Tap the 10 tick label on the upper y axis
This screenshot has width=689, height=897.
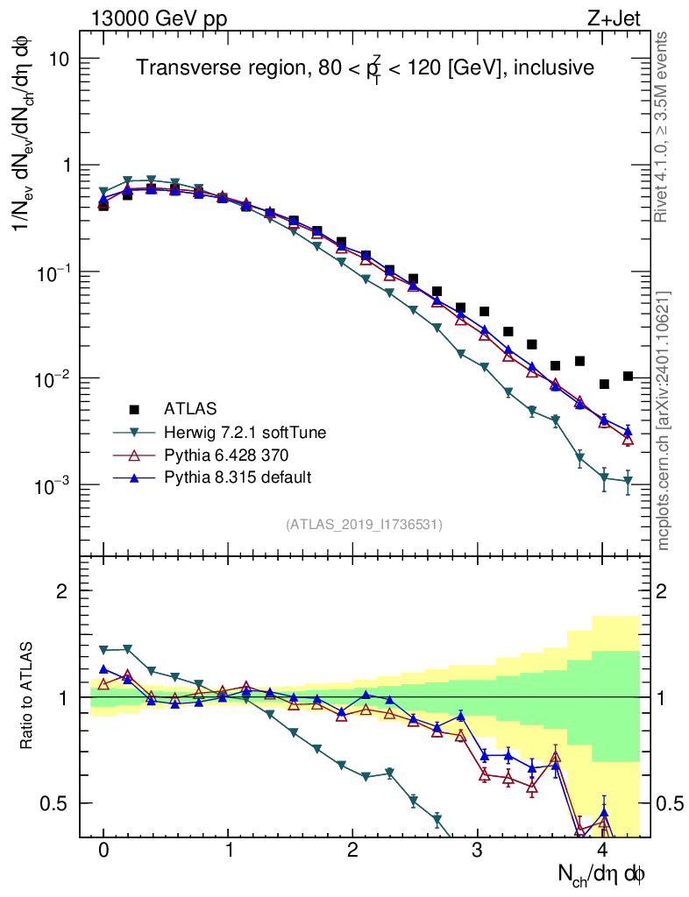(x=60, y=59)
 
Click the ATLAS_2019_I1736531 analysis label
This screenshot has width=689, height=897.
(x=364, y=525)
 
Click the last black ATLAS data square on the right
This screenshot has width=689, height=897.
(x=628, y=376)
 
